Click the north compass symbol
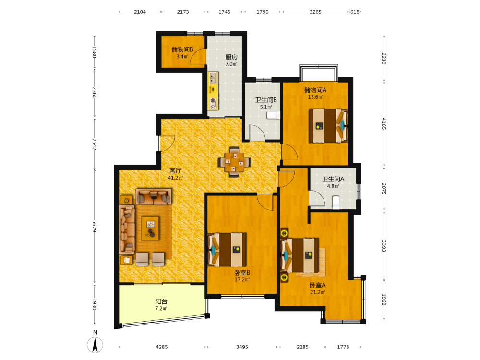point(95,345)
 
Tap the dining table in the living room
point(235,162)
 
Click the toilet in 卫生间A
point(336,203)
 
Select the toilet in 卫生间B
point(273,115)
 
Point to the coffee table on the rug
point(150,228)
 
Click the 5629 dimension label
point(94,226)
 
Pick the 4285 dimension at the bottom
point(162,347)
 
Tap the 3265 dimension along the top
point(315,12)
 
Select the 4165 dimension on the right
point(384,124)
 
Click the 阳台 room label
point(161,301)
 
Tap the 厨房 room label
point(231,57)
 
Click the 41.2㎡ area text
point(175,178)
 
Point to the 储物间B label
point(182,49)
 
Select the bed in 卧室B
point(227,250)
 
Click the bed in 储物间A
point(328,125)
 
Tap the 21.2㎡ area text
point(317,292)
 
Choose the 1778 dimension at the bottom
point(343,347)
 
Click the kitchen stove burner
point(213,100)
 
